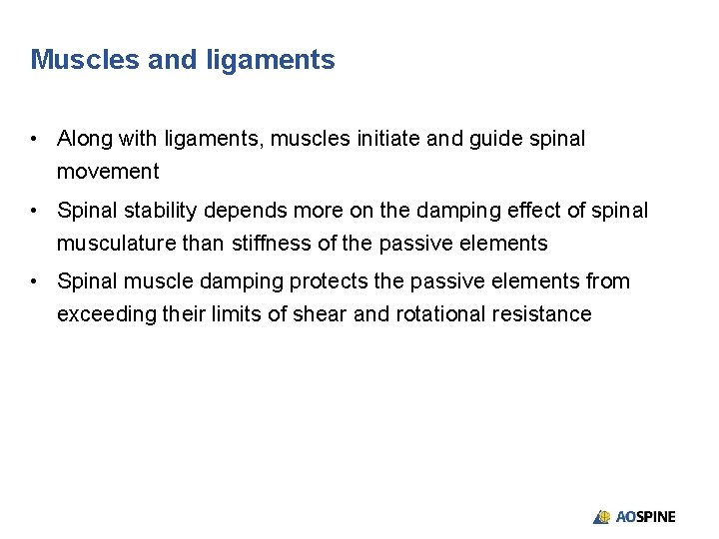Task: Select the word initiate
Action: pyautogui.click(x=388, y=139)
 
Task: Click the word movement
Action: pyautogui.click(x=108, y=172)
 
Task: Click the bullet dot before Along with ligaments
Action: pyautogui.click(x=35, y=139)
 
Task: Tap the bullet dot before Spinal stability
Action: pyautogui.click(x=35, y=211)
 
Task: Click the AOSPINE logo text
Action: pyautogui.click(x=646, y=517)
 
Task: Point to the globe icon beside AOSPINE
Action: pyautogui.click(x=602, y=517)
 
